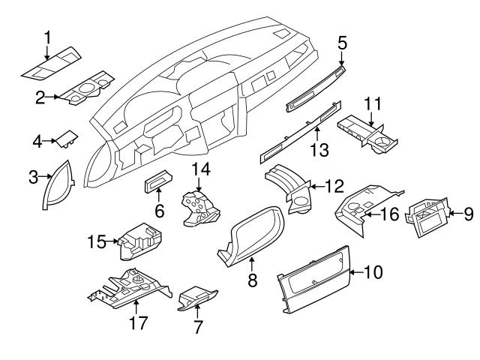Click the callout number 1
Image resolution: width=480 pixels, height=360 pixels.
pos(46,36)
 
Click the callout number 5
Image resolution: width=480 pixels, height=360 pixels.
pos(341,43)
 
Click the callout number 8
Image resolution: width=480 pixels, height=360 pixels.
pos(252,280)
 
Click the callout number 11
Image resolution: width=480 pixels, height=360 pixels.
pos(373,104)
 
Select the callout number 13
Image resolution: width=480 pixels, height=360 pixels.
pos(319,149)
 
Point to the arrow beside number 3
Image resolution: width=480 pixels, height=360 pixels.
pos(43,177)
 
